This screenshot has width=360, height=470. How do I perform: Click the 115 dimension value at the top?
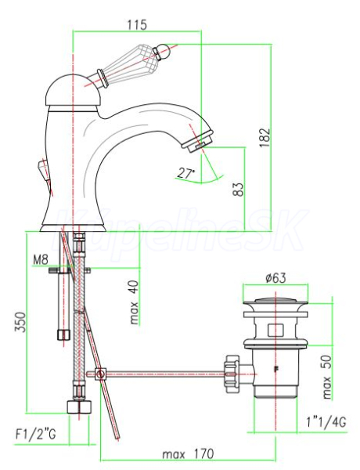pos(138,24)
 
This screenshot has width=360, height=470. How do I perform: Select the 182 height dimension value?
pos(265,138)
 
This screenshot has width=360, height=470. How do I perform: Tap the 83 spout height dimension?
pos(239,189)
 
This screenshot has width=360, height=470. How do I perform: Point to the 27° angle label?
pos(185,173)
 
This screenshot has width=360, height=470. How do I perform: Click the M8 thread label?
pos(41,259)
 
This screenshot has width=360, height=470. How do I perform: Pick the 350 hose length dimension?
pos(21,322)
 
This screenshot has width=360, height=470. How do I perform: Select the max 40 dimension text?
pos(135,302)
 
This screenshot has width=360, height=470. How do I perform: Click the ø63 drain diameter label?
pos(275,278)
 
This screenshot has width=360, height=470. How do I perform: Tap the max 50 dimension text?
pos(327,377)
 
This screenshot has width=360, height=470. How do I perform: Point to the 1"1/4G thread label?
pos(326,422)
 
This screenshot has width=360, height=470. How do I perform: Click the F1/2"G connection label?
pos(36,434)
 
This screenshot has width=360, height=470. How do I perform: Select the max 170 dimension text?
pos(188,454)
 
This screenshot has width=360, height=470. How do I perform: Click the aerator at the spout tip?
pos(198,140)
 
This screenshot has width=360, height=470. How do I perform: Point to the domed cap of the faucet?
pos(72,89)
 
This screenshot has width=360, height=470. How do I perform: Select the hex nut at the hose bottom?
pos(78,407)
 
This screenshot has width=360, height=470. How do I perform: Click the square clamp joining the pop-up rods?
pos(101,374)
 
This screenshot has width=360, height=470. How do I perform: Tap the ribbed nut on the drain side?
pos(232,374)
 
